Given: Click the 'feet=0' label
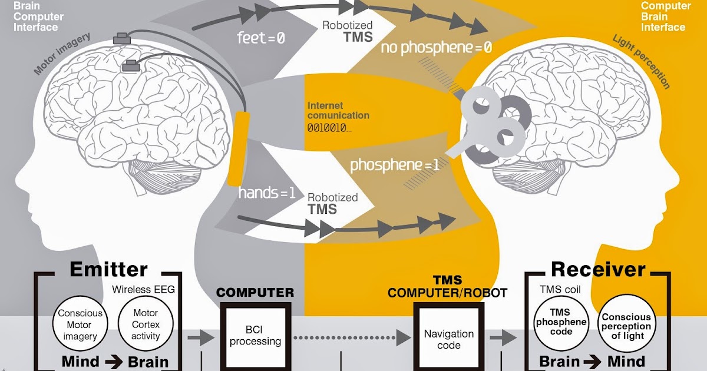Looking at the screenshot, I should coord(260,39).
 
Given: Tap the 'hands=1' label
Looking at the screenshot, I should coord(266,193).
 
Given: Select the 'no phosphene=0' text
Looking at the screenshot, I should coord(436,48).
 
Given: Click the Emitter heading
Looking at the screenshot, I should coord(108,269).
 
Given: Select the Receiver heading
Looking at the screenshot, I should coord(598,269).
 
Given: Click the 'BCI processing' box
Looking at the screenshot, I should coord(255,336).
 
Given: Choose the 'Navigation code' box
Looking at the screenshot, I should coord(448,339).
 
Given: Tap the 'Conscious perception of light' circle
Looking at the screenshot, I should coord(626,325).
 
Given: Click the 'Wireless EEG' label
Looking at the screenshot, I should coord(144,290).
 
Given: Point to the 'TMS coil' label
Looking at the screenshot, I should coord(560,290).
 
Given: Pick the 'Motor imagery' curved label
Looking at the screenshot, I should coord(62,54).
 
